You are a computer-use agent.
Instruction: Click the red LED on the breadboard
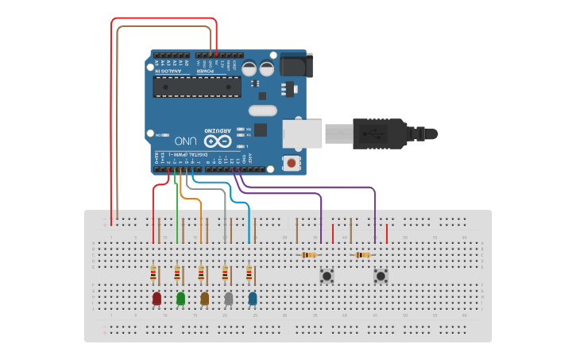157,299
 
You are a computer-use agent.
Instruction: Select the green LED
180,299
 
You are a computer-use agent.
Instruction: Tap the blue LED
253,299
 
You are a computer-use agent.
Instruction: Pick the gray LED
229,299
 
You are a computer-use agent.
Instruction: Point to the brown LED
204,299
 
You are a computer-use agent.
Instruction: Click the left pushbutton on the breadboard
327,276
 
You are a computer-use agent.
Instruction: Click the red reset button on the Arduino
292,164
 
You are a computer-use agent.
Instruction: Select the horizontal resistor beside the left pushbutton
309,255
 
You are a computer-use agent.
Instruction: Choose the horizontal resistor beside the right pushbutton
363,255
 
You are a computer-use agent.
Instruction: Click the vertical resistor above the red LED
153,273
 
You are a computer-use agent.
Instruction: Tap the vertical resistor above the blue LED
249,273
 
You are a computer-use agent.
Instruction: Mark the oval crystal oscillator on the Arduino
262,110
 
